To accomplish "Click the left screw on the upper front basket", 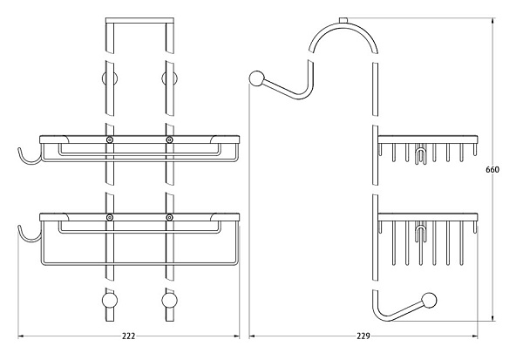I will click(x=109, y=139).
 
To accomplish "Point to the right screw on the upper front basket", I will click(x=169, y=139).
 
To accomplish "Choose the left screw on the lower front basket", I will click(x=109, y=216).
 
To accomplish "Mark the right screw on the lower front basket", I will click(x=169, y=216).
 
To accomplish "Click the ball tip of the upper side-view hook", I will click(x=257, y=78).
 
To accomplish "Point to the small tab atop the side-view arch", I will click(x=343, y=20).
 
